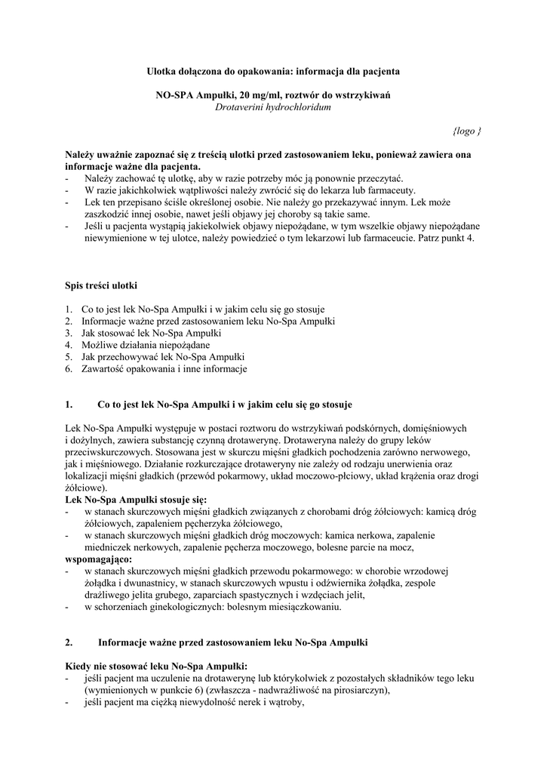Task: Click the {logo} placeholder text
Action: [467, 131]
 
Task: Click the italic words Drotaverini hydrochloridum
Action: [273, 106]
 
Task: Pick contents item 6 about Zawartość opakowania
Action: [164, 368]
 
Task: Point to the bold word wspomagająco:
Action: [99, 559]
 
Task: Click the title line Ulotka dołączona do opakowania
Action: [272, 70]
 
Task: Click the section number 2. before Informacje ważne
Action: [69, 642]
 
